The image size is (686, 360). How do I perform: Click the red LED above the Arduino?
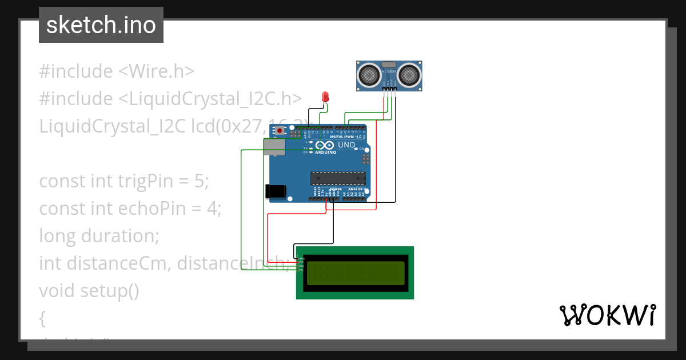point(326,97)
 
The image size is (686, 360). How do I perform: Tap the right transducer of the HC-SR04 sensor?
point(409,74)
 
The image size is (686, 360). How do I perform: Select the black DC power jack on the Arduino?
point(276,191)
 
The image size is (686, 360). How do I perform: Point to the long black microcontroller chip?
point(337,178)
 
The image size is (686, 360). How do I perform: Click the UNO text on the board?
point(346,145)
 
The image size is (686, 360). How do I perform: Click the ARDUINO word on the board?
point(326,153)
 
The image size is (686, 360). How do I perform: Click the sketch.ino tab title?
point(101,25)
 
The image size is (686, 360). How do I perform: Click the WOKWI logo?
point(607,315)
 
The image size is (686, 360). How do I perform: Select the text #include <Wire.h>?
point(117,71)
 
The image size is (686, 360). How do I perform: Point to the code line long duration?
point(99,235)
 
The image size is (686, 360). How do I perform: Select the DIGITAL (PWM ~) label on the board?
point(348,137)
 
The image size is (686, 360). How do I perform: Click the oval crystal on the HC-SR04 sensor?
point(389,65)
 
